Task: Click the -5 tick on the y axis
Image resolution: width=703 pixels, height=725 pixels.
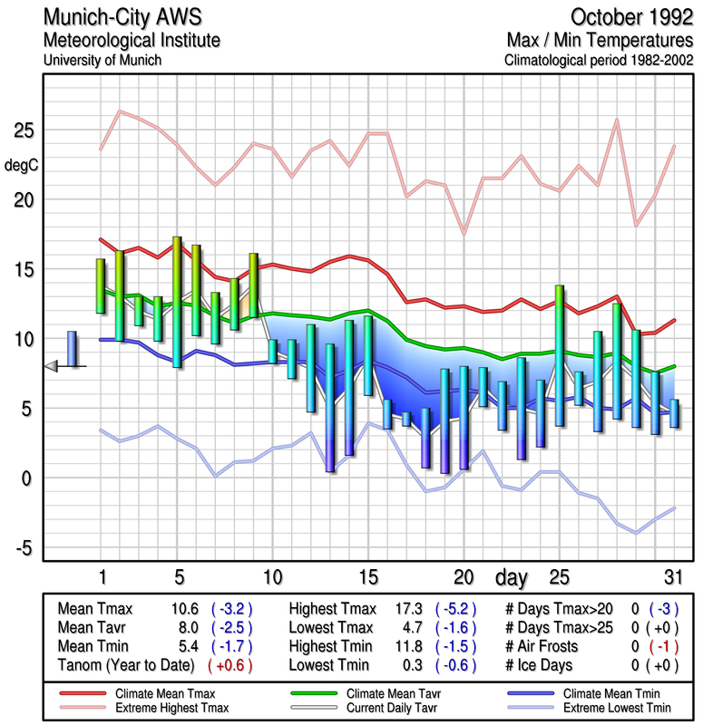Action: (24, 547)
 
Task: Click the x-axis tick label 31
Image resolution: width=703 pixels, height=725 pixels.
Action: (672, 577)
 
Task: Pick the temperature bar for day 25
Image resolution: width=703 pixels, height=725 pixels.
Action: (560, 355)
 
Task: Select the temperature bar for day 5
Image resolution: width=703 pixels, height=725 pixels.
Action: (177, 302)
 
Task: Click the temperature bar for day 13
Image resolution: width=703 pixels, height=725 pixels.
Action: (330, 408)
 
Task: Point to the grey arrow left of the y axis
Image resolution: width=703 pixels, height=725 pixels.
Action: (52, 365)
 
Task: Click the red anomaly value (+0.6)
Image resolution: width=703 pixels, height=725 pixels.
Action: (230, 664)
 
